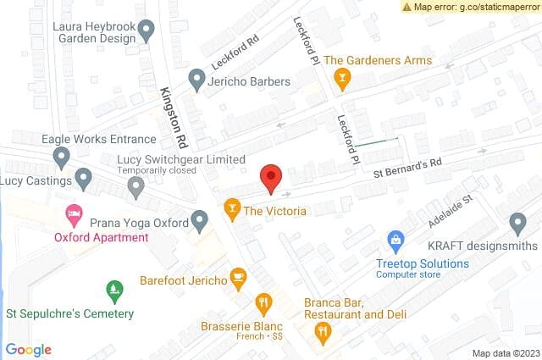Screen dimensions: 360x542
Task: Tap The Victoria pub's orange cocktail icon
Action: (231, 209)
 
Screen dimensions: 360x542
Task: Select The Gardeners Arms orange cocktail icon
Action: (342, 79)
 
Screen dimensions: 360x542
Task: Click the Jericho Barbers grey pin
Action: (196, 80)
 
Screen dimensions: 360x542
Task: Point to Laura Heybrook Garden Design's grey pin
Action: (146, 31)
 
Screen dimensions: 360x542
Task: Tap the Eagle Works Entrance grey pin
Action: (61, 157)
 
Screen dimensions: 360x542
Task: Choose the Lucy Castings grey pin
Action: (83, 178)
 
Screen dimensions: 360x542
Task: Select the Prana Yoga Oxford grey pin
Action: (200, 221)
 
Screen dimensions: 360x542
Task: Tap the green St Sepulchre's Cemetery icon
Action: (114, 291)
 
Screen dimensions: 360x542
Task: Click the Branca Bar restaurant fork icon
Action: (321, 333)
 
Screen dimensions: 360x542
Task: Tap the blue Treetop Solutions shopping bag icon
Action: (395, 241)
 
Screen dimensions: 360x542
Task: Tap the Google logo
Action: (29, 350)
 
